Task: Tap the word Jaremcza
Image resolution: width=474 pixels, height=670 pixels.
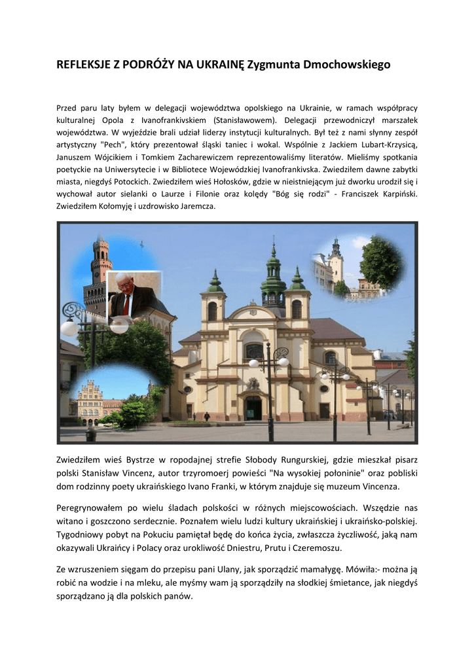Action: pos(196,207)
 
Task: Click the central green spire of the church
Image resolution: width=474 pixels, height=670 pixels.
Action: pos(273,275)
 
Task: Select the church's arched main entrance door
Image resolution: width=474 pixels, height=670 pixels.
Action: pos(253,407)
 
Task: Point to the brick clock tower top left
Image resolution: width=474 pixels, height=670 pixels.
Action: pos(100,262)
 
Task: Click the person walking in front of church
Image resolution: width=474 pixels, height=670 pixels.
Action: pos(207,417)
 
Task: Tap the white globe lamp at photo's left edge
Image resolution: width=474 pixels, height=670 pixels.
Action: pos(69,326)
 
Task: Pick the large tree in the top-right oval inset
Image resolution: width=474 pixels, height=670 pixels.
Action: pos(381,262)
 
